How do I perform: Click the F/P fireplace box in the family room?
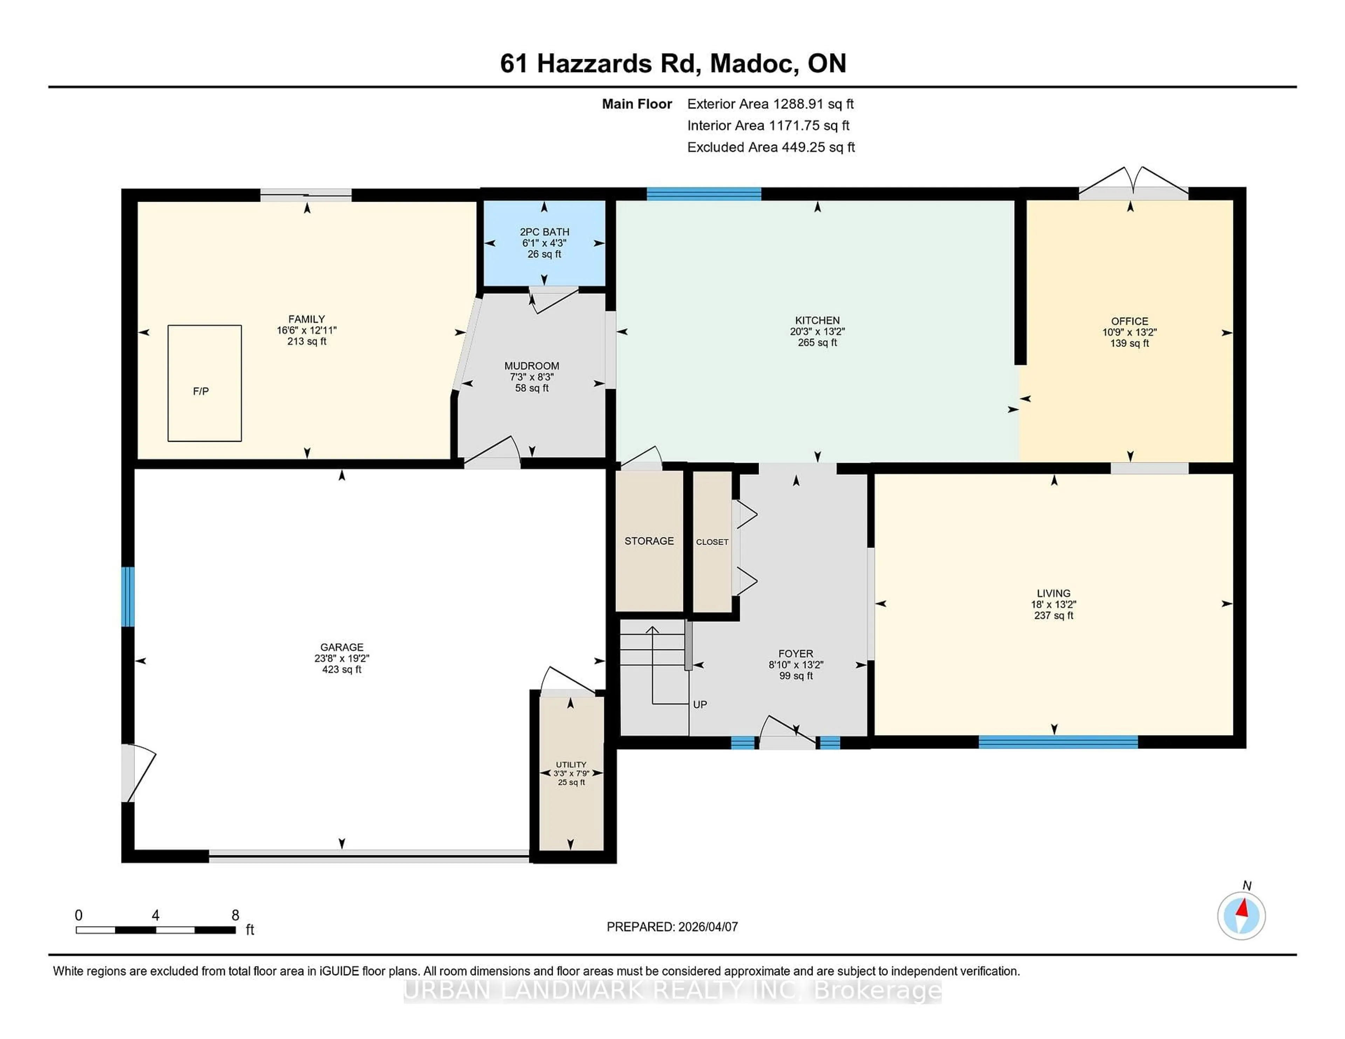(205, 383)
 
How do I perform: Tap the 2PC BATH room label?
(544, 232)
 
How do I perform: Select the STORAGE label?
(649, 541)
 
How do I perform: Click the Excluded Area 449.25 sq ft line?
(771, 147)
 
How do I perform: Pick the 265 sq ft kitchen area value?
(817, 343)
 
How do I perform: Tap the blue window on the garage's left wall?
(127, 597)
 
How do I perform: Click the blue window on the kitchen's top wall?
(704, 194)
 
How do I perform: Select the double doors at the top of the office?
(1133, 184)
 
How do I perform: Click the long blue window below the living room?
(1058, 742)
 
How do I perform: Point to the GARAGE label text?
(342, 647)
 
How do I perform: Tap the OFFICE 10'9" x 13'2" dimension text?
(1130, 332)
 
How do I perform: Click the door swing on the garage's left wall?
(137, 773)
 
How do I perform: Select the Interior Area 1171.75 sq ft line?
(768, 126)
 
